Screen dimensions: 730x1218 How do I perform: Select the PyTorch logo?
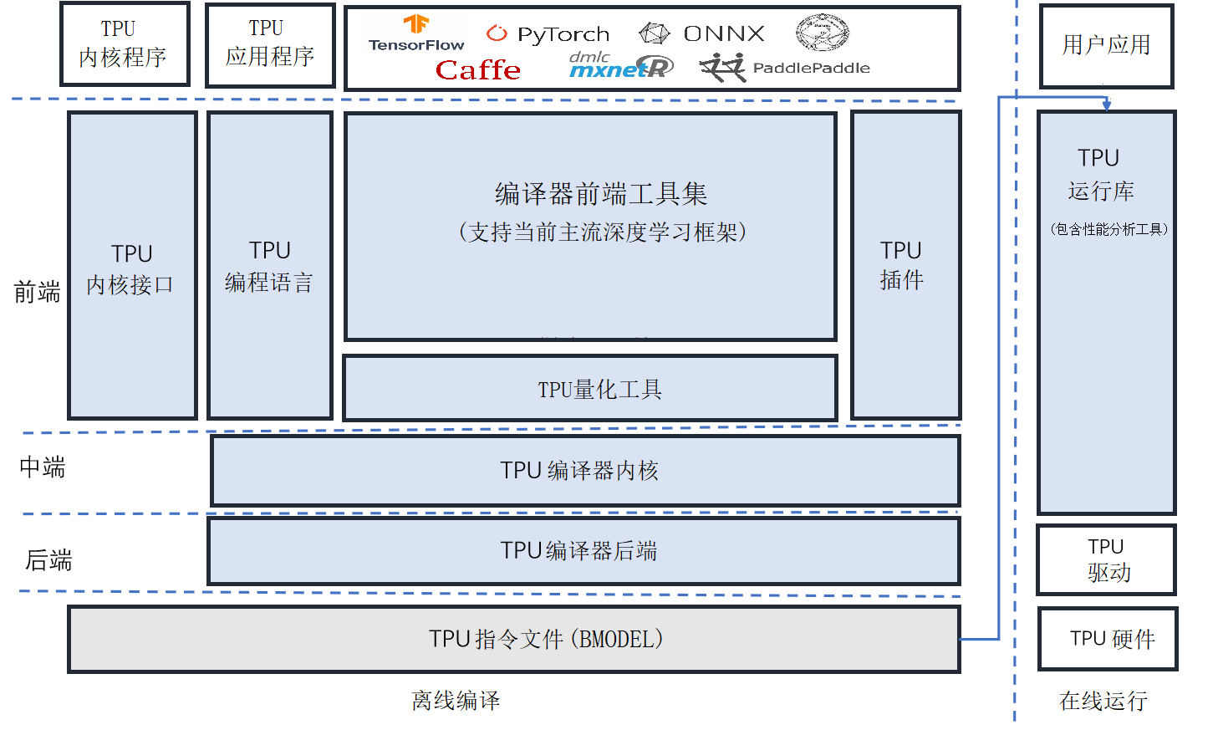tap(548, 34)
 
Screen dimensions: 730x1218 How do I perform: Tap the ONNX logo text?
tap(723, 33)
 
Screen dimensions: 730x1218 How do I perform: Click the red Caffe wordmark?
tap(477, 70)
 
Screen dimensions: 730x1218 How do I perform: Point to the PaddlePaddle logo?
tap(785, 68)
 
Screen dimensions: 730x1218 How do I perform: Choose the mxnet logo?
tap(620, 66)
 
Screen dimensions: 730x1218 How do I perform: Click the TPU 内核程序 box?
tap(125, 44)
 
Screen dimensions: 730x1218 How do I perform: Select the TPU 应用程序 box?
tap(270, 44)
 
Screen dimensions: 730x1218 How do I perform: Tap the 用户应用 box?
tap(1106, 45)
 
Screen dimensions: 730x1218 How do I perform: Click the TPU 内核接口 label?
tap(131, 269)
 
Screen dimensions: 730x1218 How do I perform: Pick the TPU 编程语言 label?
tap(269, 267)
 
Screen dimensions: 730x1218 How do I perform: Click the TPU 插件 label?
tap(901, 265)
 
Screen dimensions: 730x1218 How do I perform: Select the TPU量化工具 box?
tap(590, 389)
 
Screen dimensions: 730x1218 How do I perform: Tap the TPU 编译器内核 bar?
tap(585, 471)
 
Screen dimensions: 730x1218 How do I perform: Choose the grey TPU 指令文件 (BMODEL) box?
tap(513, 640)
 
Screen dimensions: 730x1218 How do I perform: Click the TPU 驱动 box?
tap(1106, 559)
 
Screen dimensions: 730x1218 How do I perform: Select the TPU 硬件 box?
tap(1108, 639)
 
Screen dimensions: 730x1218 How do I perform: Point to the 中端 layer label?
tap(43, 467)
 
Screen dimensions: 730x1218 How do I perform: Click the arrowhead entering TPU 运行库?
tap(1106, 105)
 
